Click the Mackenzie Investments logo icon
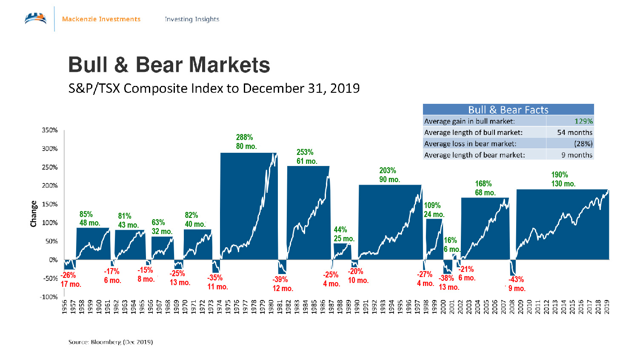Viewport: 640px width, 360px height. pos(36,19)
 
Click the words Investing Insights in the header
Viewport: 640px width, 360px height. pos(192,19)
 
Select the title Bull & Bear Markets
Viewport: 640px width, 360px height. pos(169,65)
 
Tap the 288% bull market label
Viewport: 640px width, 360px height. pos(244,137)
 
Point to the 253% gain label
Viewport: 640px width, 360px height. pos(305,152)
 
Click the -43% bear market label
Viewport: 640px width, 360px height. pos(516,280)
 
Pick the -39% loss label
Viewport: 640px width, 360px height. pos(280,280)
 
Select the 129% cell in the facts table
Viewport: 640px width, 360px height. pos(583,121)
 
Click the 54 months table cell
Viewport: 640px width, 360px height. pos(574,132)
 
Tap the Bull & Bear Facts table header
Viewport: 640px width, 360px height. pos(508,110)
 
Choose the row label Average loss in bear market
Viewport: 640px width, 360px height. pos(470,144)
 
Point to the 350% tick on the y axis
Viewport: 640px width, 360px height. pos(50,130)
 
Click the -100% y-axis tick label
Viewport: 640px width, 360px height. pos(49,297)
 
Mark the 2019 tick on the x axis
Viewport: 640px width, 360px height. pos(607,307)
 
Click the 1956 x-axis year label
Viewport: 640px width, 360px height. pos(65,307)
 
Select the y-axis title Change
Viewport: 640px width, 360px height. pos(34,214)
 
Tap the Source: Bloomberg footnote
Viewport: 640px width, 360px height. pos(111,342)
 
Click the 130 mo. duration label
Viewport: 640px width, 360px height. pos(563,184)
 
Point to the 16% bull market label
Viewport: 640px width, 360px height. pos(450,240)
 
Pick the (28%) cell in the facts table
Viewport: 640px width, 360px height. pos(583,144)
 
